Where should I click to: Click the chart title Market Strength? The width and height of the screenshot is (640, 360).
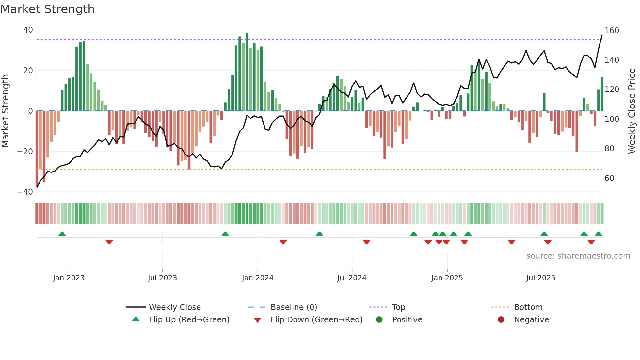coord(47,9)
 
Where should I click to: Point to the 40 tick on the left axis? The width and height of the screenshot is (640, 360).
coord(28,30)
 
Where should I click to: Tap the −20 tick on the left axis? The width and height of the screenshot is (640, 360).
coord(25,152)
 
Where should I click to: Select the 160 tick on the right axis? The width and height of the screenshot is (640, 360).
coord(612,31)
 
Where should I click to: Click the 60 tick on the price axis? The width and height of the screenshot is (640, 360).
coord(609,178)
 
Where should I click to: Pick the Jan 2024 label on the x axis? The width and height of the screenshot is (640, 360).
coord(257,278)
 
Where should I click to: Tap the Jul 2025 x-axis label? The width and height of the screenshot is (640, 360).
coord(540,278)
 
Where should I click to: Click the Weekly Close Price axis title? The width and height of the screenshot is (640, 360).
coord(632,111)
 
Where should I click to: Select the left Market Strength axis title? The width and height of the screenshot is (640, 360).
coord(5,111)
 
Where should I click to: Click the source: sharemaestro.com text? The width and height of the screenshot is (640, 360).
coord(578,256)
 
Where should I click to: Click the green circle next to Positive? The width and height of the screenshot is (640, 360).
coord(379,319)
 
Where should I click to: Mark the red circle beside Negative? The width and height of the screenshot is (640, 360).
coord(501,319)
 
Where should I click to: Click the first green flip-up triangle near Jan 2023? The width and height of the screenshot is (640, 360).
coord(62,234)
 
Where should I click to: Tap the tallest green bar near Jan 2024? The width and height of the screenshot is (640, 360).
coord(247,72)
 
